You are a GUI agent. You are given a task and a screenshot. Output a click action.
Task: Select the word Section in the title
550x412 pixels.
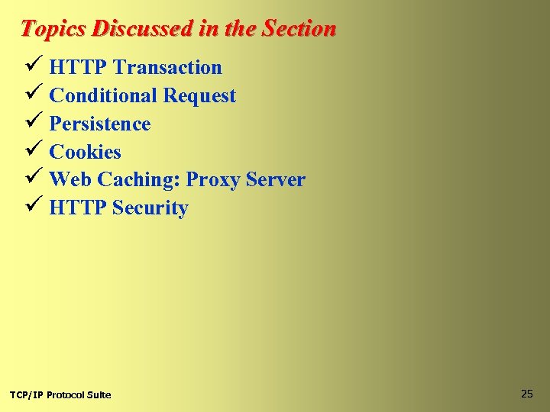tap(299, 29)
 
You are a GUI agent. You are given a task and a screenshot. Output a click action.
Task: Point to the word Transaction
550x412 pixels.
tap(167, 67)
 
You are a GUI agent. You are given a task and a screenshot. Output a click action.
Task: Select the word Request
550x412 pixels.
tap(200, 96)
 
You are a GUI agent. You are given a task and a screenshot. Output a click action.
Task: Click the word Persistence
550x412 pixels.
tap(100, 124)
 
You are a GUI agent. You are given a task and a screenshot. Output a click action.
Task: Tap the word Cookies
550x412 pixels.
tap(85, 152)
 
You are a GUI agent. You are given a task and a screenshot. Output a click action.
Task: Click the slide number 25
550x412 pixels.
tap(526, 394)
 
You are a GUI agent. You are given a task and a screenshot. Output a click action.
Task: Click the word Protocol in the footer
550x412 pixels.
tap(66, 394)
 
